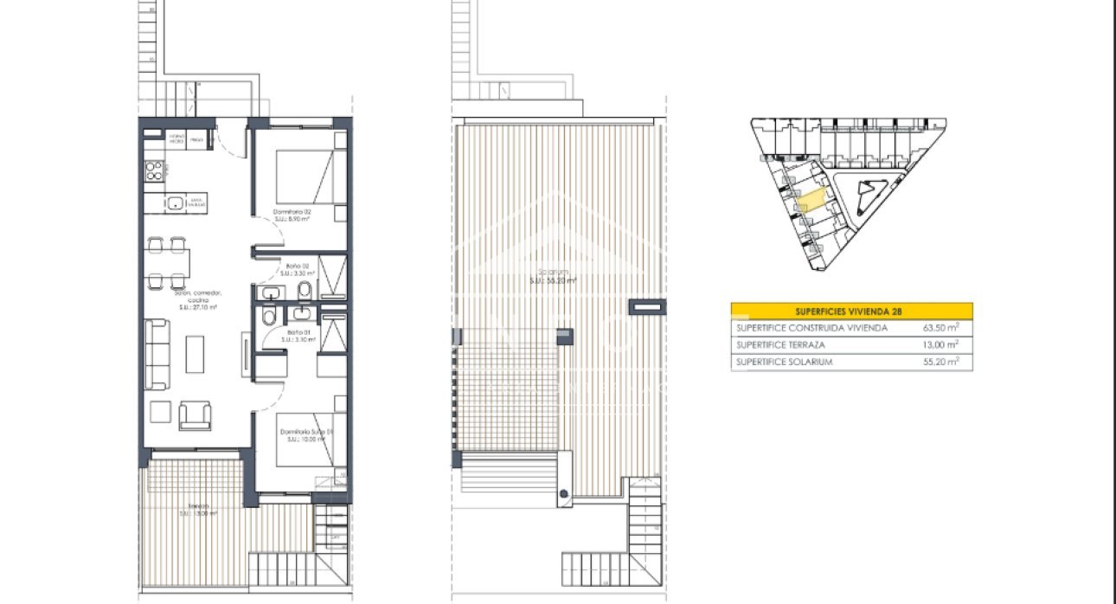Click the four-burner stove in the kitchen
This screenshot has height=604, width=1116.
tap(154, 170)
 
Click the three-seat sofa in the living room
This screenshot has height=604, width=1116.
tap(157, 353)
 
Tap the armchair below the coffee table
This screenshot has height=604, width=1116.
tap(194, 415)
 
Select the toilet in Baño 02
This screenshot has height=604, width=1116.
tap(305, 288)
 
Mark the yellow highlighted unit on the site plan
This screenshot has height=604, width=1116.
tap(811, 201)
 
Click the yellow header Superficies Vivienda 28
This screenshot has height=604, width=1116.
tap(851, 312)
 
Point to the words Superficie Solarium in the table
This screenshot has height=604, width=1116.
tap(784, 362)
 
